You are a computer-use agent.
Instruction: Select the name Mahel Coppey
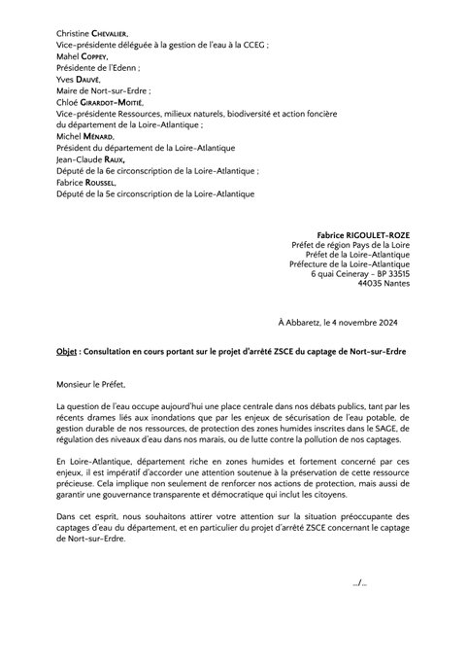click(84, 57)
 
